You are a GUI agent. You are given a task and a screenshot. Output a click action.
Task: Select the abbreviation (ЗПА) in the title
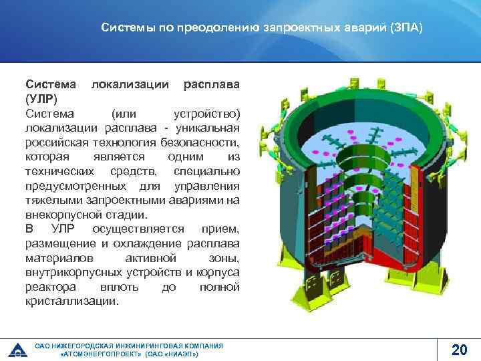[406, 29]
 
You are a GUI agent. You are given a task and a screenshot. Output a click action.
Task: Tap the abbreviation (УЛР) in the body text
[41, 99]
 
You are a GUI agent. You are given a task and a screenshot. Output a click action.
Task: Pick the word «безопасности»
[202, 142]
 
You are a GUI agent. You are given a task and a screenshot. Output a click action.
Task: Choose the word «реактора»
[51, 287]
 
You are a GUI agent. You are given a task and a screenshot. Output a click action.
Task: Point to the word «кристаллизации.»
[73, 301]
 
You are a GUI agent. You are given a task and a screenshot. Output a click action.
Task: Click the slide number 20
[459, 348]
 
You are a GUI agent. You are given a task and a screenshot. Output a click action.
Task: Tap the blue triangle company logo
[16, 349]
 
